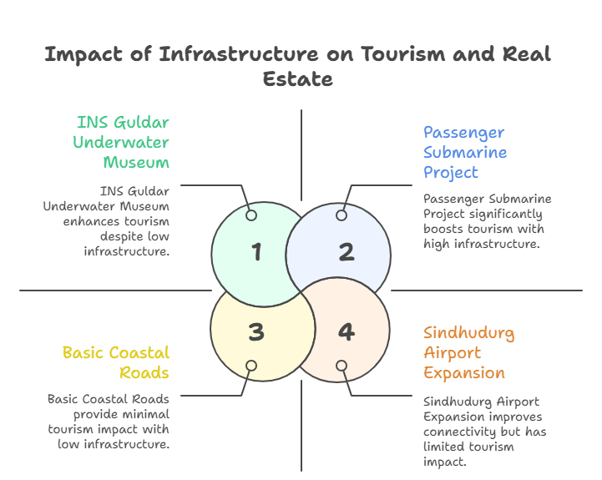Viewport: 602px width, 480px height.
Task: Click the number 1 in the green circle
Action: (x=256, y=252)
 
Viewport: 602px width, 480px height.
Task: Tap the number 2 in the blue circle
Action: (x=346, y=252)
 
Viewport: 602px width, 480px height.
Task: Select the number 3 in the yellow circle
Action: (x=256, y=332)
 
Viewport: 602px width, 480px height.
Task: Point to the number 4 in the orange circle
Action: (x=346, y=332)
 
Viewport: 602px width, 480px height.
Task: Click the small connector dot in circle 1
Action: (x=250, y=215)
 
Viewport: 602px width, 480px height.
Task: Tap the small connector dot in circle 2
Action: (x=341, y=215)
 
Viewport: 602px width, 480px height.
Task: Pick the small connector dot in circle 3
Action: (x=250, y=366)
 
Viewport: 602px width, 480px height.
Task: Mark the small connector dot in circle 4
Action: (x=341, y=366)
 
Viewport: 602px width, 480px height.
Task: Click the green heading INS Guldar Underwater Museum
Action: (x=122, y=142)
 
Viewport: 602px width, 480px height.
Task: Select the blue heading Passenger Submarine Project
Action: (x=464, y=153)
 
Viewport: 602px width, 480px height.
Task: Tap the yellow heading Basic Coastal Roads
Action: (x=116, y=362)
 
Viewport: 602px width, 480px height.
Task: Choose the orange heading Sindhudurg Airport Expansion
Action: (x=468, y=352)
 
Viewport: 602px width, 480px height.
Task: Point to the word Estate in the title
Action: (x=298, y=79)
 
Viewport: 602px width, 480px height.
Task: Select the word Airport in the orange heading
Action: (x=453, y=352)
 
